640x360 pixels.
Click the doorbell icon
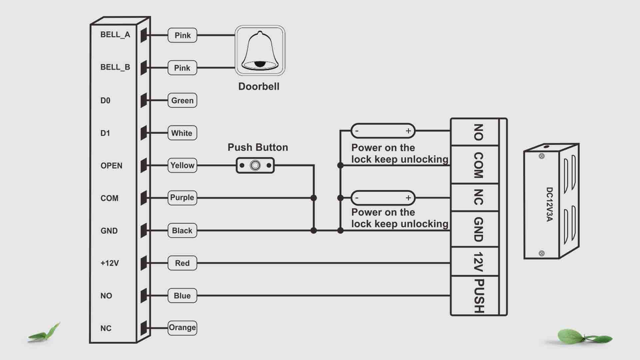pos(260,50)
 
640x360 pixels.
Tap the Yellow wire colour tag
pos(182,165)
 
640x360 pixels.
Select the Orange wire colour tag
pos(182,328)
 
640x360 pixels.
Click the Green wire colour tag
pos(182,100)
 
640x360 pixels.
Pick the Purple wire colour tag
pos(182,198)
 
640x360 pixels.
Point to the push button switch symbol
pos(255,165)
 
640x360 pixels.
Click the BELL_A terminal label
pos(115,35)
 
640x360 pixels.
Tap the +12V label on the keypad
pos(110,263)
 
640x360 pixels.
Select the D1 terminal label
pos(105,133)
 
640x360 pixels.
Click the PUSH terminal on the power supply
pos(478,296)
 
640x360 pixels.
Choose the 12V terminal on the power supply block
pos(478,262)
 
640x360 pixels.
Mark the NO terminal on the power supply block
pos(478,132)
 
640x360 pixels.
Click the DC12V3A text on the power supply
pos(549,204)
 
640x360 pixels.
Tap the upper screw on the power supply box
pos(542,156)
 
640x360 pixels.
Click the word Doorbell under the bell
pos(259,87)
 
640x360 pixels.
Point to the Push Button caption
pos(258,147)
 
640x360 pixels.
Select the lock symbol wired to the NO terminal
pos(383,131)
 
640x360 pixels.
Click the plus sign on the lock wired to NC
pos(408,198)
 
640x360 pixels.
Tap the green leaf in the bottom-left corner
pos(45,333)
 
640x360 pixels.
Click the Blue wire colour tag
pos(182,296)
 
